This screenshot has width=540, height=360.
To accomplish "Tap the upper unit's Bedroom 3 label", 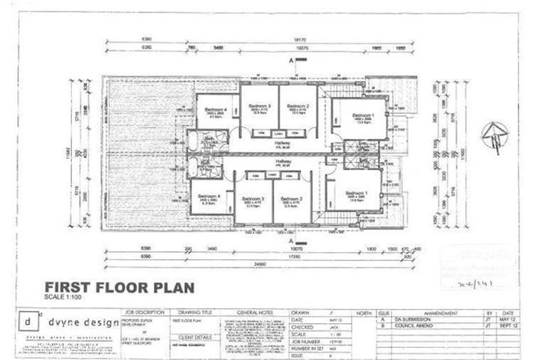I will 259,106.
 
